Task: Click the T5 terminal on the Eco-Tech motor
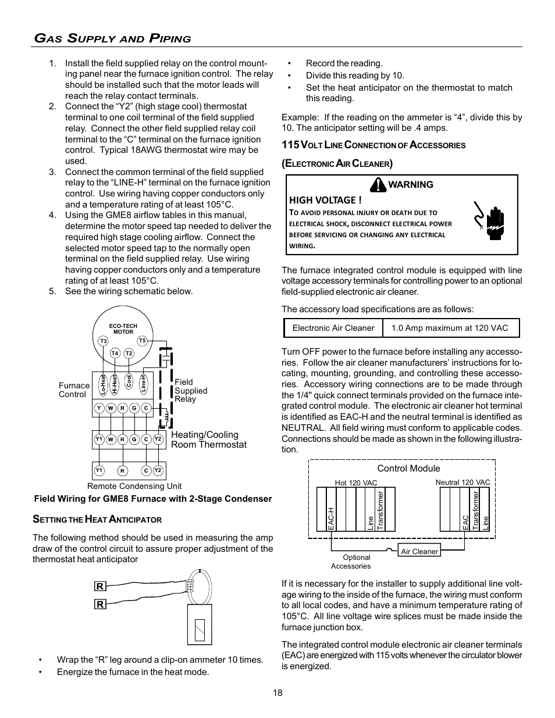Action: click(x=142, y=341)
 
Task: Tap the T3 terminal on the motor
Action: click(x=102, y=341)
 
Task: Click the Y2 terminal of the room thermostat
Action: click(x=158, y=440)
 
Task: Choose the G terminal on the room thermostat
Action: click(x=134, y=440)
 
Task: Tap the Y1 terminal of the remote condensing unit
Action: click(x=99, y=470)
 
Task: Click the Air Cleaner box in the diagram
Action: click(x=419, y=551)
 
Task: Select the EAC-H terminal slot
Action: click(x=330, y=510)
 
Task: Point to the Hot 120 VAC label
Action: click(x=356, y=483)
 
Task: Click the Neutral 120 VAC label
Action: click(x=462, y=483)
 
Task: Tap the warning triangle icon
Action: click(x=380, y=184)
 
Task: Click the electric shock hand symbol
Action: click(x=488, y=218)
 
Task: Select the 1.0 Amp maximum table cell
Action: click(x=450, y=328)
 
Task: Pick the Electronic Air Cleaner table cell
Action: click(x=333, y=328)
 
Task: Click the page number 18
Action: click(x=277, y=692)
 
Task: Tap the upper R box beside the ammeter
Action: click(x=100, y=587)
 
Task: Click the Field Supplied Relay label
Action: click(x=190, y=391)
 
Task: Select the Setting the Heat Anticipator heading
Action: click(x=97, y=519)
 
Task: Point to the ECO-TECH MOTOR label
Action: click(x=123, y=328)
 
